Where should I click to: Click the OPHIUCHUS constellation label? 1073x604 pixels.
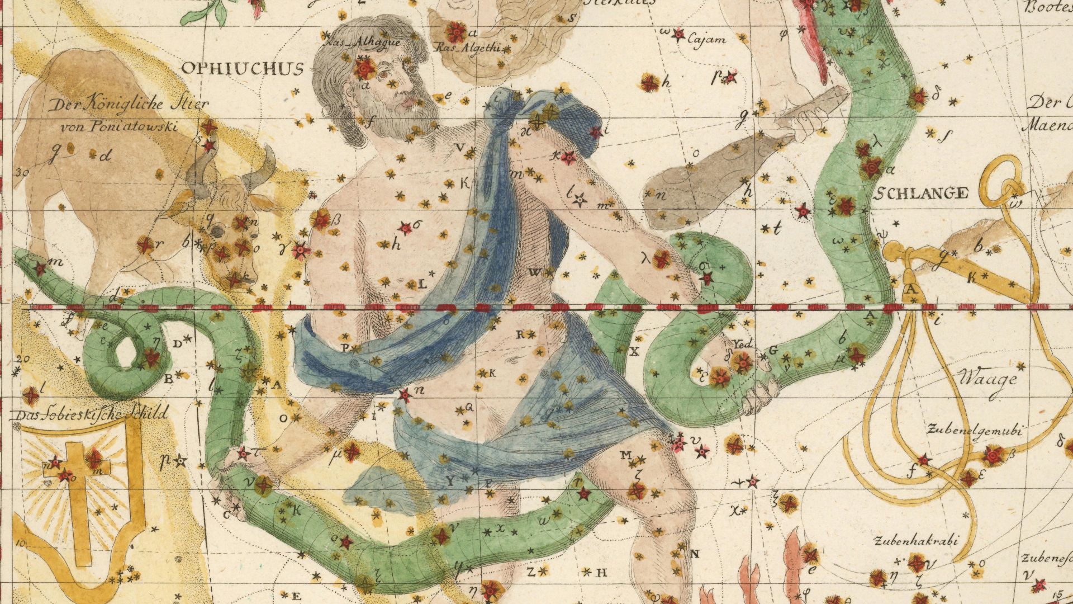pos(243,68)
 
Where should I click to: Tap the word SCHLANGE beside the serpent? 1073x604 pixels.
pos(920,194)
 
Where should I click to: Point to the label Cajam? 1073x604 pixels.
pos(706,40)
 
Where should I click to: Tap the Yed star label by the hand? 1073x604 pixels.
pos(743,343)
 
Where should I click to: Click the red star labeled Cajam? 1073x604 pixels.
pos(679,35)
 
